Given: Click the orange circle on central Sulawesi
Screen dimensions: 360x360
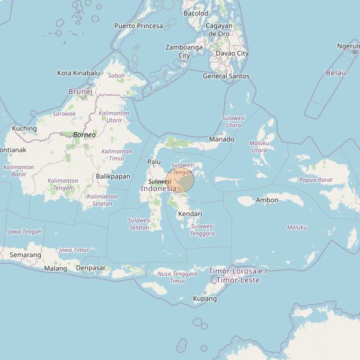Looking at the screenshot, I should pyautogui.click(x=180, y=181).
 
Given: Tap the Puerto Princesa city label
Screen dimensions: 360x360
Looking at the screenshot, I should pyautogui.click(x=138, y=26).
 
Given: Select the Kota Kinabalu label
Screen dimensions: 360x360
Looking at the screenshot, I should pyautogui.click(x=79, y=73).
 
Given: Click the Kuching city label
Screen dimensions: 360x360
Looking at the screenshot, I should pyautogui.click(x=25, y=129).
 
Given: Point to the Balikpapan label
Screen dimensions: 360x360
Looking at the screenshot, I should pyautogui.click(x=113, y=176).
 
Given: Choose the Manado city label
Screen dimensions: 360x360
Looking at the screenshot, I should pyautogui.click(x=221, y=139).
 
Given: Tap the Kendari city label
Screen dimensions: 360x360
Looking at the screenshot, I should pyautogui.click(x=190, y=213).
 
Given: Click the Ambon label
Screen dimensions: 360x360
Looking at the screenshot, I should pyautogui.click(x=267, y=200).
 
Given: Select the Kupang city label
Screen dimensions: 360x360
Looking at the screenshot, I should pyautogui.click(x=205, y=298).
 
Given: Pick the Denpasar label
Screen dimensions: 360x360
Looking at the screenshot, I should pyautogui.click(x=91, y=268).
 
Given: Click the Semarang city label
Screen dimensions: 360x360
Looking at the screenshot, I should pyautogui.click(x=26, y=255).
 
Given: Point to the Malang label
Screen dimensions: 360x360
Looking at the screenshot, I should pyautogui.click(x=56, y=269).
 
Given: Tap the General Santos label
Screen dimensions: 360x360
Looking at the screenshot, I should pyautogui.click(x=226, y=76).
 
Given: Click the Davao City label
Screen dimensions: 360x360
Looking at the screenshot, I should pyautogui.click(x=232, y=53).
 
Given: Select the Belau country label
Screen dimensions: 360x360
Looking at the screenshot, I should pyautogui.click(x=335, y=72).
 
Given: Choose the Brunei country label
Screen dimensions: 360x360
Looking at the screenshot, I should pyautogui.click(x=80, y=91).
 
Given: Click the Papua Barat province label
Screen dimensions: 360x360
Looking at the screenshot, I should pyautogui.click(x=316, y=179).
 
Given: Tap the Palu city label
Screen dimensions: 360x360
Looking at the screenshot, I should pyautogui.click(x=154, y=161).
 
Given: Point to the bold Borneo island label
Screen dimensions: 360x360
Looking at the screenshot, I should pyautogui.click(x=84, y=135).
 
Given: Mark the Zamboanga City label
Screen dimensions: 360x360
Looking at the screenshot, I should pyautogui.click(x=184, y=51).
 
